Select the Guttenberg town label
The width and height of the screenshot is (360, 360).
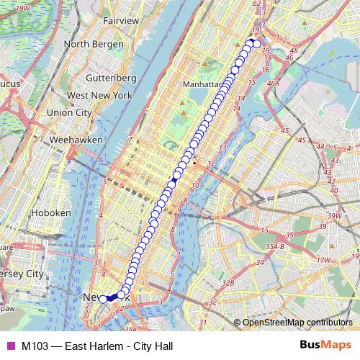pyautogui.click(x=111, y=77)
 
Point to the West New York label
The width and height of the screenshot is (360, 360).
pyautogui.click(x=99, y=95)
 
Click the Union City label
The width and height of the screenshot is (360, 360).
pyautogui.click(x=69, y=112)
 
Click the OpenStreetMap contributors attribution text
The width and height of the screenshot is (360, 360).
pyautogui.click(x=297, y=322)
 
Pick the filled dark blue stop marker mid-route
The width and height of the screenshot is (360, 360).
pyautogui.click(x=176, y=175)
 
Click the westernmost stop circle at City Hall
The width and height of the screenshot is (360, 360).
pyautogui.click(x=103, y=299)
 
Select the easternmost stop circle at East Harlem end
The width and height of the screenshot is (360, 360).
pyautogui.click(x=257, y=45)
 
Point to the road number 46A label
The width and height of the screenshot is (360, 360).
pyautogui.click(x=274, y=84)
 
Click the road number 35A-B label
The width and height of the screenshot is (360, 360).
pyautogui.click(x=274, y=246)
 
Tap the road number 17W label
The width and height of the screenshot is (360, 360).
pyautogui.click(x=323, y=259)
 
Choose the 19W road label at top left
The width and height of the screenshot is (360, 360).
pyautogui.click(x=22, y=7)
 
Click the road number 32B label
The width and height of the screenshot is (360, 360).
pyautogui.click(x=228, y=284)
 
